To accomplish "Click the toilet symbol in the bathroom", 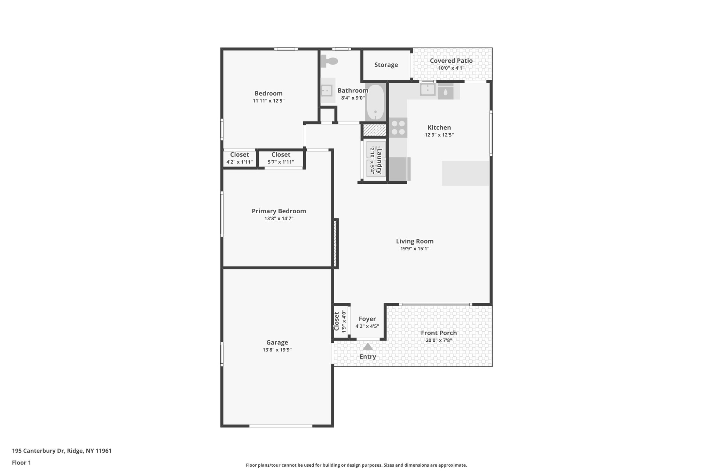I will (x=329, y=62).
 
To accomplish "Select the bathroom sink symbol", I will (x=327, y=90).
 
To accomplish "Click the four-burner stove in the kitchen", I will (x=398, y=127).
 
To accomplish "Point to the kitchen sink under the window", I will (x=428, y=90).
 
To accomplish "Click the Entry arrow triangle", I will (x=368, y=347).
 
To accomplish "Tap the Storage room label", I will (x=386, y=65).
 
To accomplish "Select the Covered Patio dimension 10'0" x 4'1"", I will (x=451, y=68).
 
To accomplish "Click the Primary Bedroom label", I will (x=279, y=211).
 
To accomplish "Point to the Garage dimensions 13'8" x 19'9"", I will (x=277, y=350).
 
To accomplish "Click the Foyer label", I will (x=367, y=319).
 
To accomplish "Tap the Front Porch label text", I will (x=439, y=333).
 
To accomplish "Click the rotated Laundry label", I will (x=379, y=161).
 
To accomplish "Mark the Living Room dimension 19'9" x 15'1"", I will (x=415, y=248).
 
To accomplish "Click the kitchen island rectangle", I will (x=465, y=173).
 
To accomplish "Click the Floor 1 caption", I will (x=21, y=463).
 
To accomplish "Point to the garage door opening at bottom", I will (x=281, y=426).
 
